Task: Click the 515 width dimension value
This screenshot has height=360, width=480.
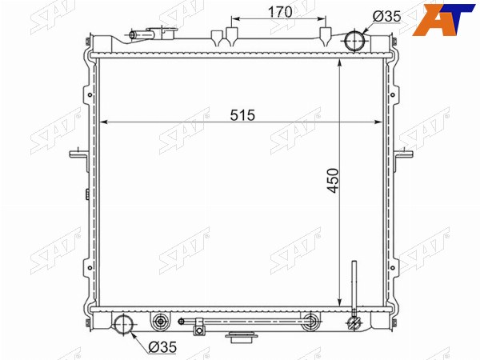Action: click(x=242, y=115)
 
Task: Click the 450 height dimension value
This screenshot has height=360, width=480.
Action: click(x=333, y=181)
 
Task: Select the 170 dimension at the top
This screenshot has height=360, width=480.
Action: click(x=280, y=12)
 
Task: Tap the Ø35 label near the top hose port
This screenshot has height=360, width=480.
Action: click(x=387, y=16)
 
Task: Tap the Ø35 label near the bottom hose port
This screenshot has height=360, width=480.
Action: click(x=162, y=347)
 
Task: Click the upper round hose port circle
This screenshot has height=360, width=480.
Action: click(x=354, y=41)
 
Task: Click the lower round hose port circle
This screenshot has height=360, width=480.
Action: click(x=124, y=324)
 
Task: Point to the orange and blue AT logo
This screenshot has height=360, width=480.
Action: click(x=443, y=20)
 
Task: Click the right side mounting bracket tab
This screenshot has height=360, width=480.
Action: click(x=403, y=154)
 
